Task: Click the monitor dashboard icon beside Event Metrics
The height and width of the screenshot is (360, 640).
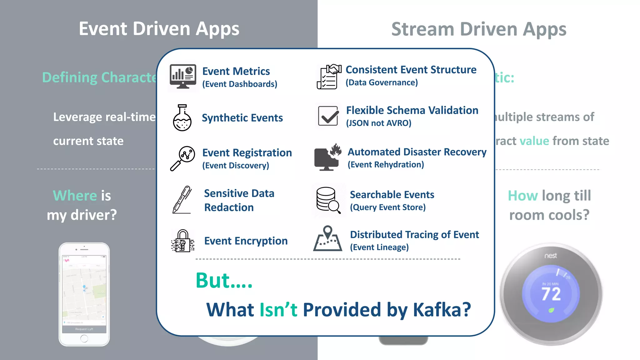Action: point(183,77)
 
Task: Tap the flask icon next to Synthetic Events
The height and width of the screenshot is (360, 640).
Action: point(182,118)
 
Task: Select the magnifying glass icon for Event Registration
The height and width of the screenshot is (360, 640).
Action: point(183,158)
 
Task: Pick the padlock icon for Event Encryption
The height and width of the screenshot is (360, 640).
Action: point(183,241)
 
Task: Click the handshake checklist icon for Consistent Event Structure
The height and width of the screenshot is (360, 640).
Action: point(328,77)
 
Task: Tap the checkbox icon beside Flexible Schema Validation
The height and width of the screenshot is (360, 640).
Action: point(328,116)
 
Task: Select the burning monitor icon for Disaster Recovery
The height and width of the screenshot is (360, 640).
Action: point(327,157)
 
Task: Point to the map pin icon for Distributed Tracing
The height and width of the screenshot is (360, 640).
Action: point(327,239)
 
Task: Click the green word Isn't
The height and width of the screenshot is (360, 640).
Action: point(278,310)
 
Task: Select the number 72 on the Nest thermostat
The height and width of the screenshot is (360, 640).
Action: point(551,294)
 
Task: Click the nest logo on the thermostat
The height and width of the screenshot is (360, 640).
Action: point(551,256)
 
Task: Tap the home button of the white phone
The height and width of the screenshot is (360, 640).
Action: point(84,338)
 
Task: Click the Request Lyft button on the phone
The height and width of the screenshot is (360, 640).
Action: point(84,329)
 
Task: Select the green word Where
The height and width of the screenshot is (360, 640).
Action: point(75,196)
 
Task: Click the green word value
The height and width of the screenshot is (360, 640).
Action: point(534,141)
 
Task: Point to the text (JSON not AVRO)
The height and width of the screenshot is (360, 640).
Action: point(378,123)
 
